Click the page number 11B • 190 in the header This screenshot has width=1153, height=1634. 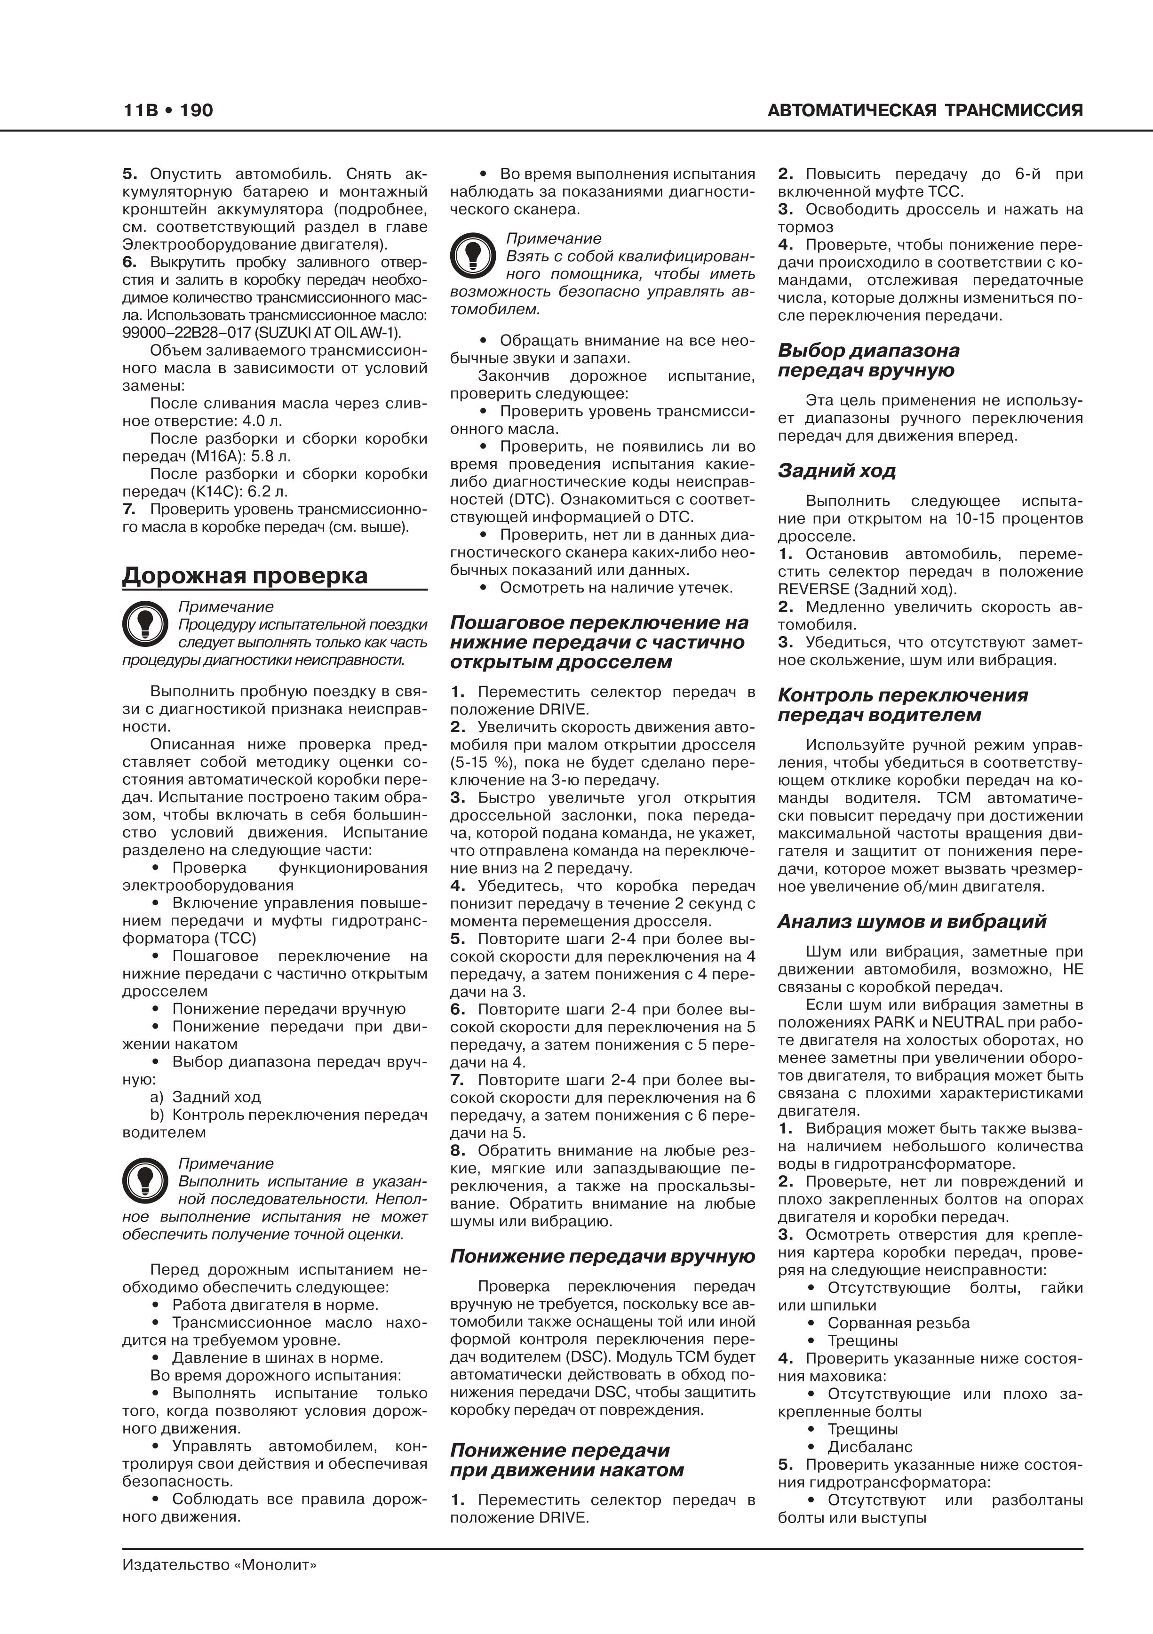point(168,110)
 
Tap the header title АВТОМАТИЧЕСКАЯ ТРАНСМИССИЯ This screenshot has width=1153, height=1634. point(925,110)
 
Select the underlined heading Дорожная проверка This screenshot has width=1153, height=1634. point(246,575)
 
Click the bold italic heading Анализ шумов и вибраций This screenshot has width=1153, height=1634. point(912,922)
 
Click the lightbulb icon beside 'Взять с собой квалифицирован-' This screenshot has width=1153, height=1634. point(473,255)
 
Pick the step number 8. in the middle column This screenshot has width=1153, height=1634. point(458,1151)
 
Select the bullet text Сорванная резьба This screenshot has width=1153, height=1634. point(898,1323)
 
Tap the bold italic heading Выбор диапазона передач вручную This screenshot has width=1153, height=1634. point(868,360)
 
